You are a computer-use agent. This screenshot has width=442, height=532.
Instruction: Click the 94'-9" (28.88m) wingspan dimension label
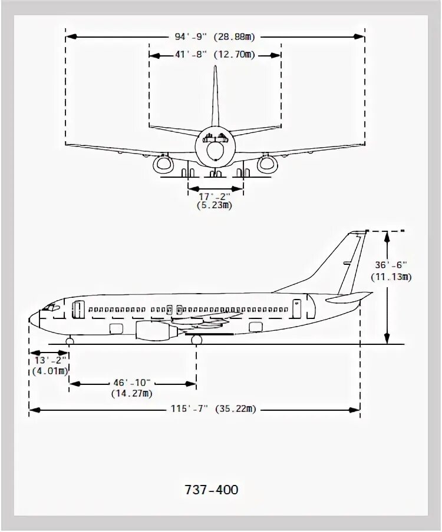(215, 36)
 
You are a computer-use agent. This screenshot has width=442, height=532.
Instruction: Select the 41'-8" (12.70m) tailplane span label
(215, 55)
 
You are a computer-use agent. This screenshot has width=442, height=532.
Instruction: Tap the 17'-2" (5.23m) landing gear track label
(215, 201)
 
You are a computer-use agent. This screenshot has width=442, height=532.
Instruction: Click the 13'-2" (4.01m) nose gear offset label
(49, 365)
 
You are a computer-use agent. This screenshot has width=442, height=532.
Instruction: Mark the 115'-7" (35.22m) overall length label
(215, 409)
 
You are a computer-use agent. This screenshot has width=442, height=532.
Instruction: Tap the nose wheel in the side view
(70, 341)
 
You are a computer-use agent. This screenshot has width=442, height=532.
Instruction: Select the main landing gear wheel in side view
(196, 340)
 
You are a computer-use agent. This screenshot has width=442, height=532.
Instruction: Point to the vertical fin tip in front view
(215, 68)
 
